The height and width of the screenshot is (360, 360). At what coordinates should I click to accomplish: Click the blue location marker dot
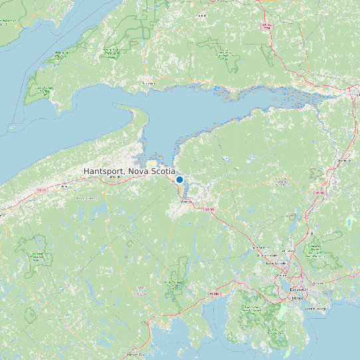point(179,179)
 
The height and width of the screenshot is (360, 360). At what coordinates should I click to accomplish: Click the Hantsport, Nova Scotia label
point(130,171)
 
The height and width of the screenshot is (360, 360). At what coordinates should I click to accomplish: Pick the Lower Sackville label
point(274,263)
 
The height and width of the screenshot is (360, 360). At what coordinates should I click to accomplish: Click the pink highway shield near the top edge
point(267,26)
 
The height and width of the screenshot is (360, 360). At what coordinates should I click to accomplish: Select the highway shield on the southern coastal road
point(214,293)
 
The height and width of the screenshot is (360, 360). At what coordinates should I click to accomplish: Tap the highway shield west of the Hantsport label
point(41,191)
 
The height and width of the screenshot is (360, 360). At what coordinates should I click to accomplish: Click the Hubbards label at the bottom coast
point(135,354)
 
